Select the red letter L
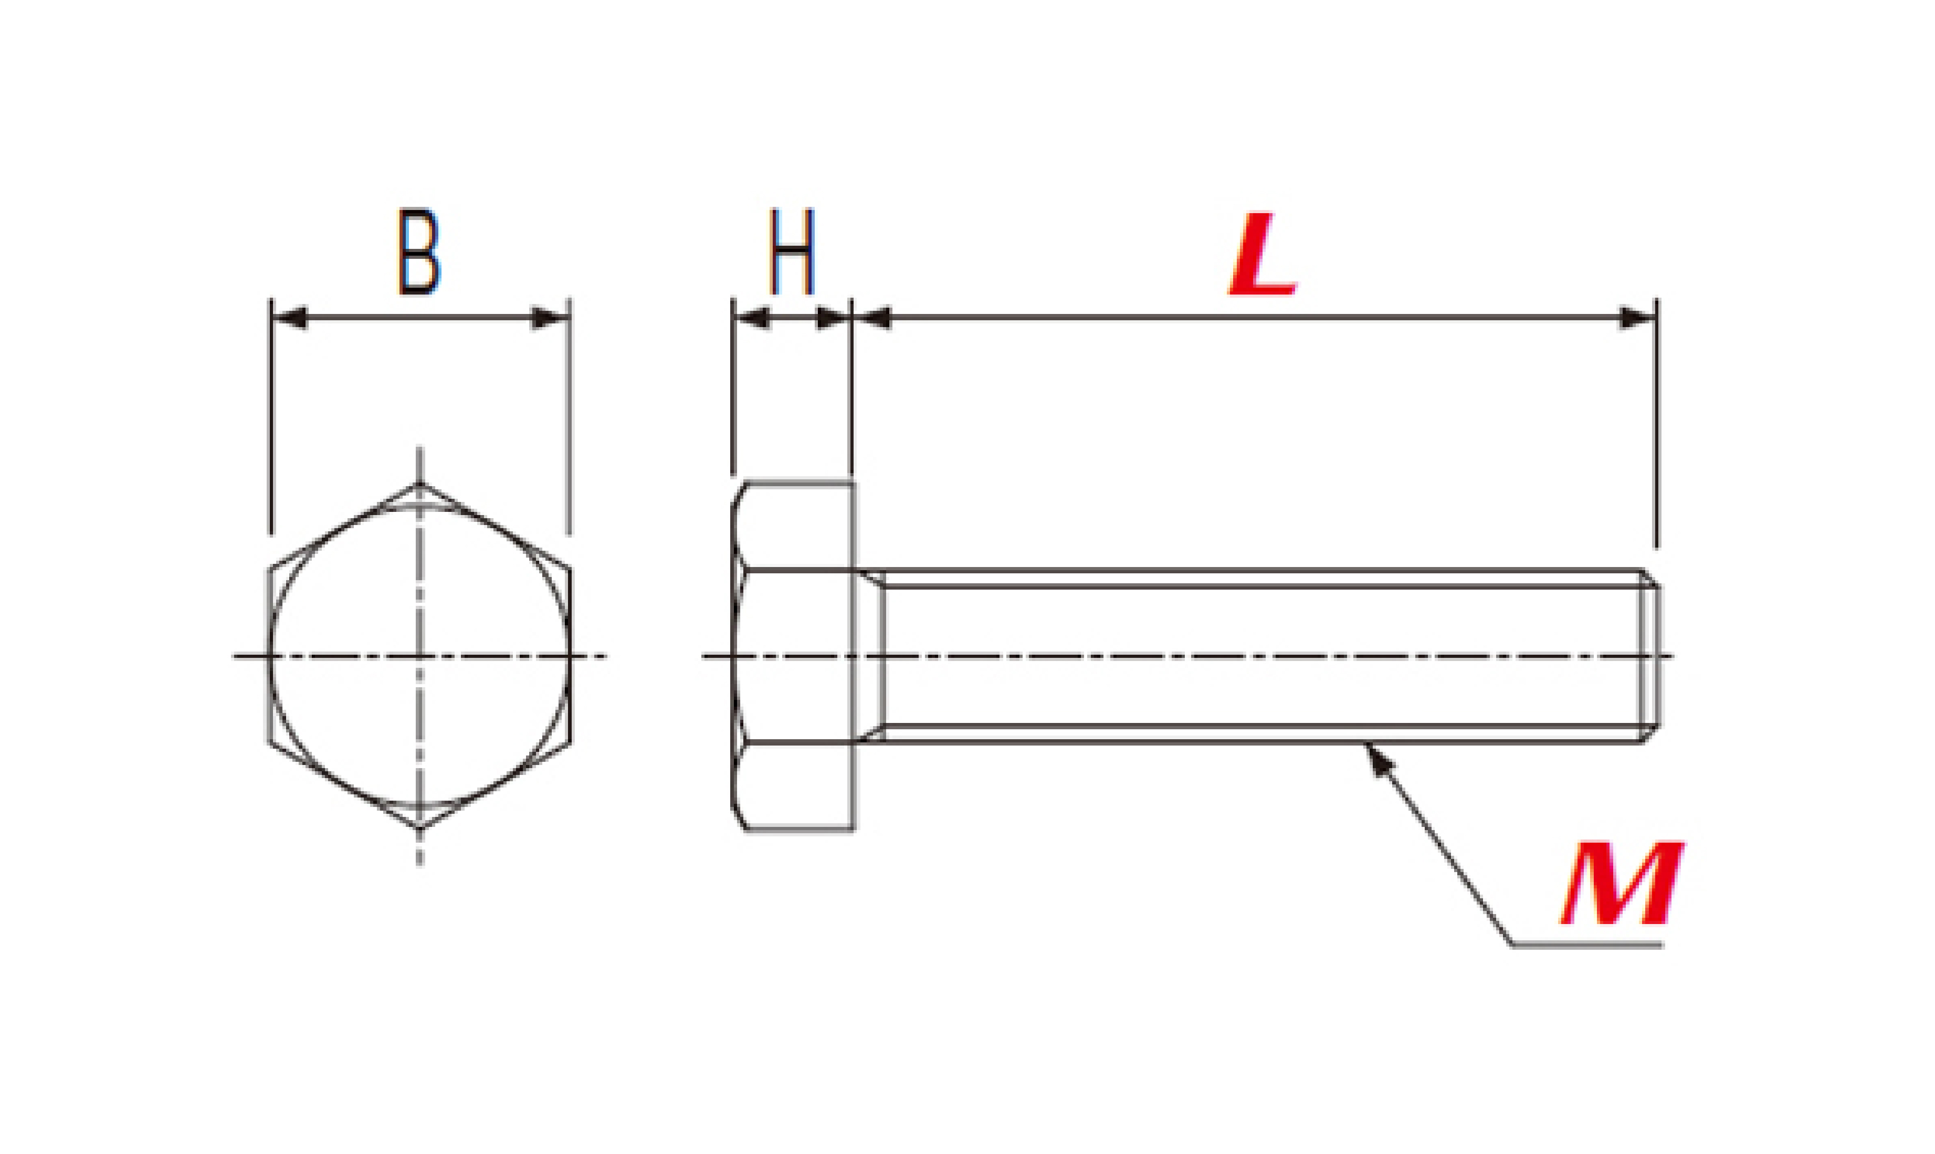click(x=1263, y=254)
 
